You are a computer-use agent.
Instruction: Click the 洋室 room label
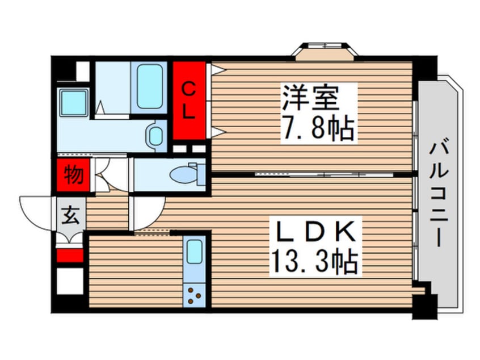tap(310, 98)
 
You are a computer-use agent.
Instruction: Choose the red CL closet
tap(189, 100)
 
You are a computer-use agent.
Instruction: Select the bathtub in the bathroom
tap(149, 86)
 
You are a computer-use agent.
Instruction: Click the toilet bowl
tap(187, 174)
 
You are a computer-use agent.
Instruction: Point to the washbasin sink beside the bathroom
tap(155, 136)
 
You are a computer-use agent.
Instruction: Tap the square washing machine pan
tap(74, 102)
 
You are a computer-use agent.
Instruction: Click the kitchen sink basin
tap(195, 251)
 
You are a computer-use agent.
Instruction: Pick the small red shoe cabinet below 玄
tap(70, 255)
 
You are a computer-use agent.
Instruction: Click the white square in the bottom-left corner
tap(70, 281)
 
